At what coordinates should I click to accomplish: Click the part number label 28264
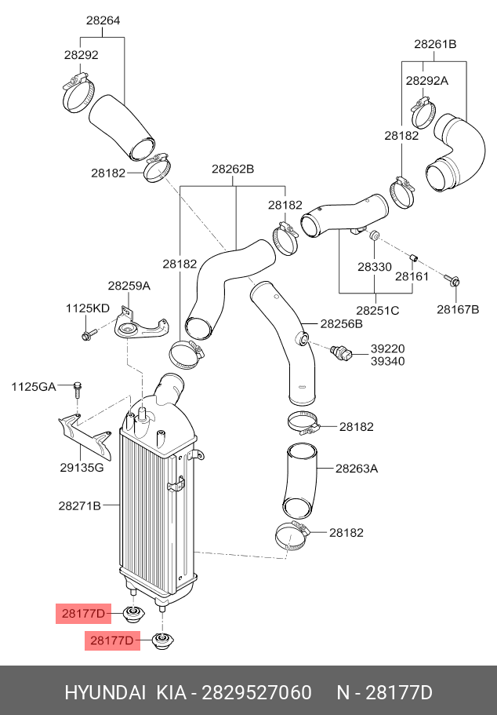103,20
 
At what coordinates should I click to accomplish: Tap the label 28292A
427,81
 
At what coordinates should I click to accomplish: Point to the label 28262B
233,169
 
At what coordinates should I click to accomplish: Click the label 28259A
129,286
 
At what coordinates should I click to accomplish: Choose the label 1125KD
87,308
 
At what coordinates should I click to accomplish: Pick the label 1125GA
34,386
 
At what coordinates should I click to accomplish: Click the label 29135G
82,468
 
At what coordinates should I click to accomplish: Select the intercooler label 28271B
79,505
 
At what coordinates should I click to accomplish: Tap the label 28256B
341,323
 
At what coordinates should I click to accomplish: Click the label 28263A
357,469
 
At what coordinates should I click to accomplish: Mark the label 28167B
458,309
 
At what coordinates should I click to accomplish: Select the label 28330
375,267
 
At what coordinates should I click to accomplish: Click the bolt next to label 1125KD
87,336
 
